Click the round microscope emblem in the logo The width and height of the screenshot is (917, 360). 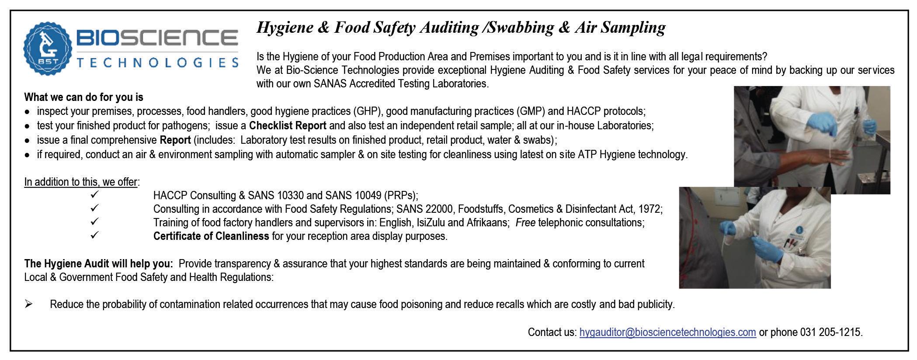tap(47, 48)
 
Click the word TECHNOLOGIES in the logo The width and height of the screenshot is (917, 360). tap(157, 62)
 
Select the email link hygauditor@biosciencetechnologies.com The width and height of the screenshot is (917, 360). tap(667, 332)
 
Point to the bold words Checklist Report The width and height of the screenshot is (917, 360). tap(288, 126)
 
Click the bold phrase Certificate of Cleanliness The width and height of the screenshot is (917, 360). tap(211, 236)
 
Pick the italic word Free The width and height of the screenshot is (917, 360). tap(525, 223)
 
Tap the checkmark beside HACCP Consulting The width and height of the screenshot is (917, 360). tap(95, 194)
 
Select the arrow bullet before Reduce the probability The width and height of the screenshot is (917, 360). tap(28, 304)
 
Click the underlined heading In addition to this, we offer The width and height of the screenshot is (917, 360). tap(81, 182)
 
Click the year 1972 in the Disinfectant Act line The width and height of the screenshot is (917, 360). tap(650, 209)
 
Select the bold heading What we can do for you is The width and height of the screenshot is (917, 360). tap(83, 97)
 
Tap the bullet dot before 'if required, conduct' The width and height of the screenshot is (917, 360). tap(27, 155)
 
